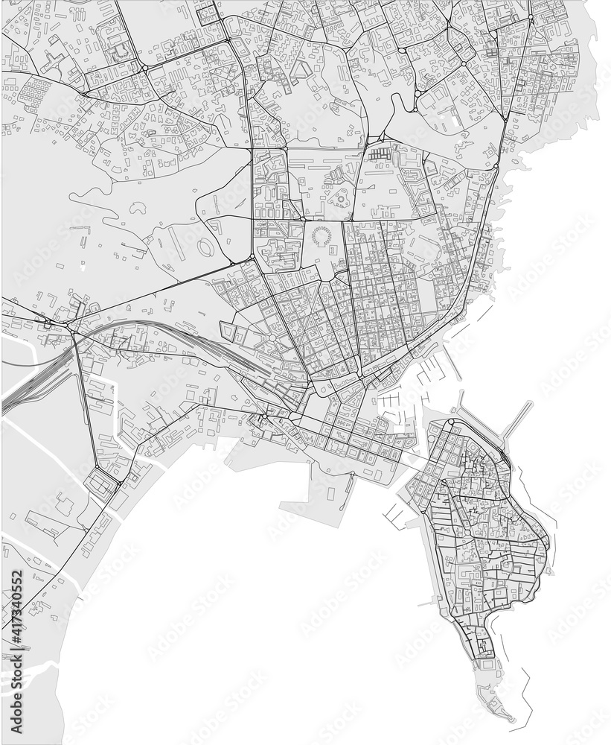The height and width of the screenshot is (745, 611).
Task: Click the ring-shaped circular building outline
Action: [x=322, y=237]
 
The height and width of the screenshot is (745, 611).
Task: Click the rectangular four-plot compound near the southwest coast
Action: [x=100, y=482]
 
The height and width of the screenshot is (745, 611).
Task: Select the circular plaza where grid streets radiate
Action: [x=272, y=338]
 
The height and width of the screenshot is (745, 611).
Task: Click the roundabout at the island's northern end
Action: [x=450, y=423]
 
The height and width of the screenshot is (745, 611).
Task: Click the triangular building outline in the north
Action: [x=300, y=70]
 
